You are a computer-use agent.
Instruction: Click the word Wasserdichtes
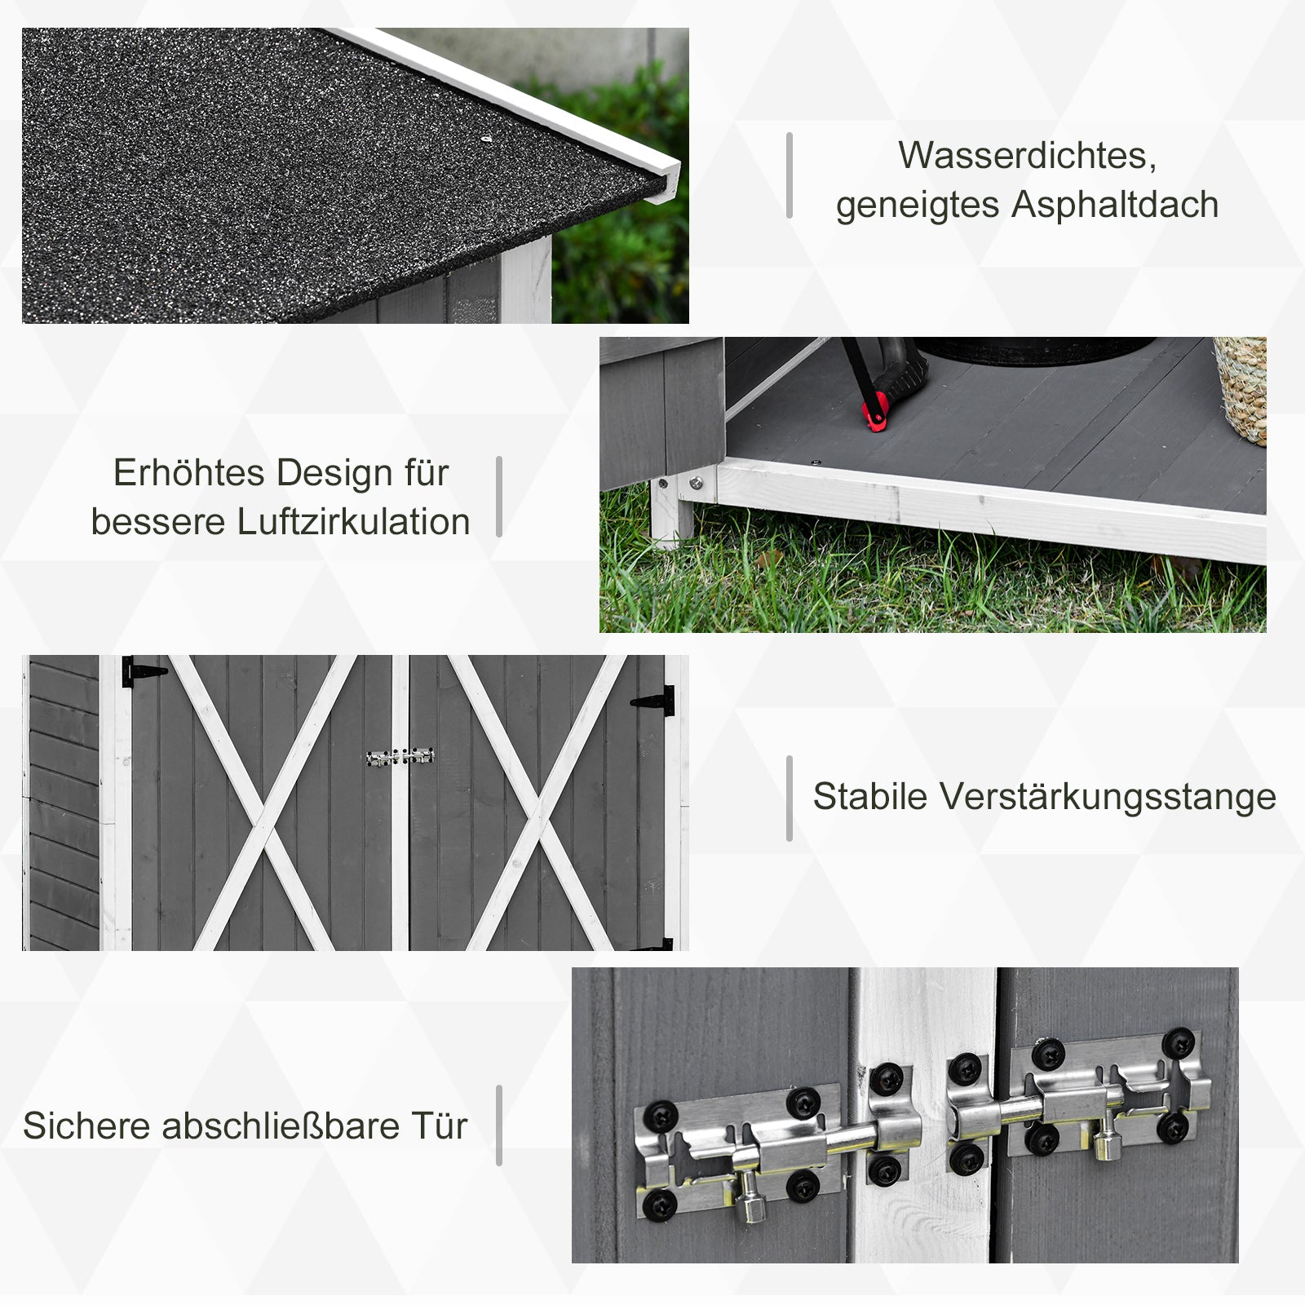[x=1027, y=156]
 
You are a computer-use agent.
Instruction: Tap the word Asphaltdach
[x=1115, y=205]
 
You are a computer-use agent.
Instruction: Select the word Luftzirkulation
[x=353, y=523]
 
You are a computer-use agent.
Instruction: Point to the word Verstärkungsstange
[x=1108, y=797]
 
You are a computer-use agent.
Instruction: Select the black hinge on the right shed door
[x=654, y=701]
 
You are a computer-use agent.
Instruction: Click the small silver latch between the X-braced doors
[x=400, y=757]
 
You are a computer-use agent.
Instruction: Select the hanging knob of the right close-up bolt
[x=1106, y=1147]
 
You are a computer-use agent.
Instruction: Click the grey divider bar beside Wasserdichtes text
[x=790, y=175]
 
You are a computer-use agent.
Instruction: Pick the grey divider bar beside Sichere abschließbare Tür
[x=499, y=1126]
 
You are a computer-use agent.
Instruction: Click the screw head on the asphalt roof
[x=485, y=139]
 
